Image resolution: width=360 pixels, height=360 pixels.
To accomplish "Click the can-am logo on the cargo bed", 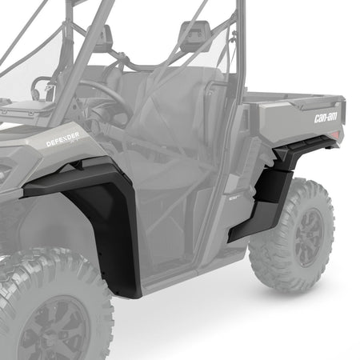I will click(x=326, y=118).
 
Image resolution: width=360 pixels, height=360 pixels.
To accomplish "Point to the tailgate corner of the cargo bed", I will click(x=341, y=100).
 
